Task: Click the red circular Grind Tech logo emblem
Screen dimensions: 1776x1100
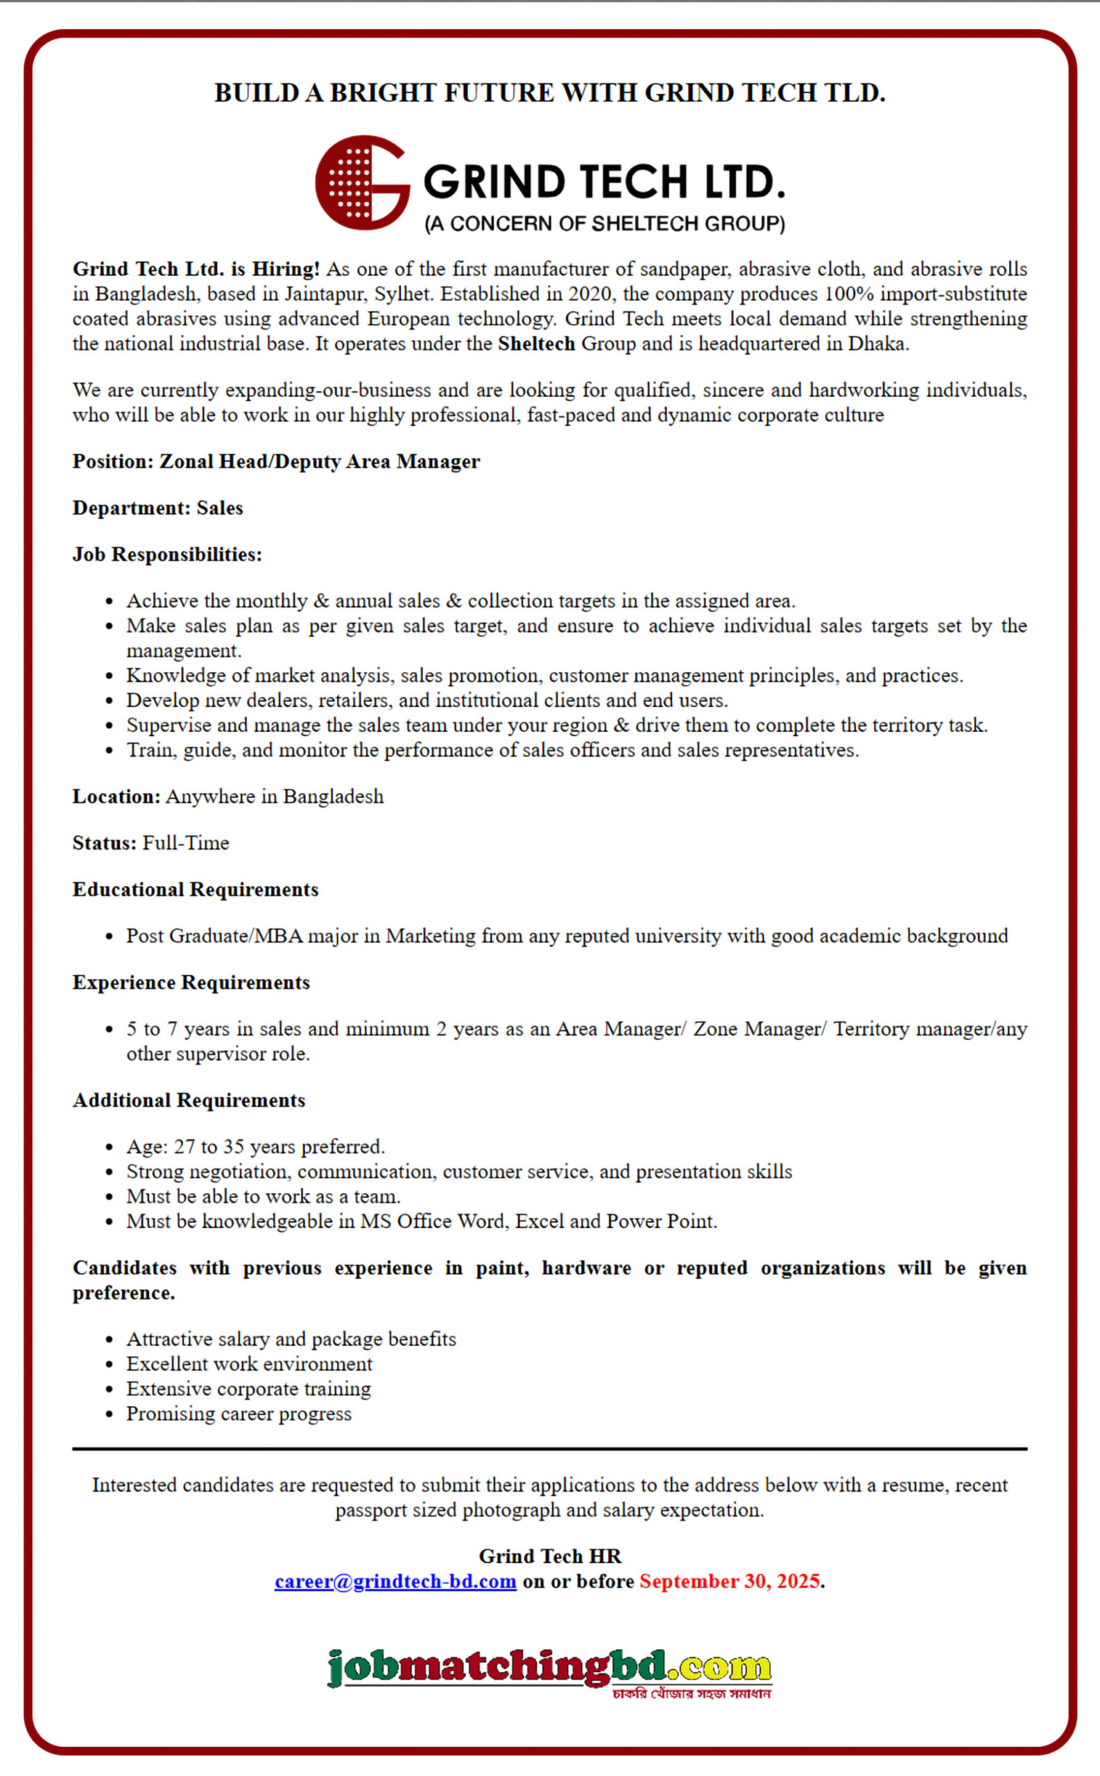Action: tap(361, 182)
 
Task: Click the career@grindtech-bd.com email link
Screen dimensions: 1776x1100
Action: tap(395, 1581)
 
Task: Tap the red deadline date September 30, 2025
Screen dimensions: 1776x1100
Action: tap(729, 1581)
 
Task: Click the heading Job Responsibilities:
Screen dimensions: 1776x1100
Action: tap(166, 554)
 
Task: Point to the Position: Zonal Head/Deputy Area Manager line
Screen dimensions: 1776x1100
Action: tap(276, 461)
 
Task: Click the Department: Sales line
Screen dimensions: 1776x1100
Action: tap(157, 508)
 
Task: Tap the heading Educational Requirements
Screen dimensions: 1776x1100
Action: tap(195, 889)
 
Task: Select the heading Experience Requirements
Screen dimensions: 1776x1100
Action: tap(191, 982)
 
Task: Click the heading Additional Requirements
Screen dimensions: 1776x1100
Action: tap(189, 1100)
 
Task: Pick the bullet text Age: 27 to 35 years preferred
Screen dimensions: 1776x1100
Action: tap(255, 1147)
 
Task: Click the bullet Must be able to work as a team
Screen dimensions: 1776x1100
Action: tap(264, 1196)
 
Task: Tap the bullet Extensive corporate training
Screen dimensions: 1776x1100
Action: tap(248, 1388)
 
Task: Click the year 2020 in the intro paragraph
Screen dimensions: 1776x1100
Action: tap(590, 294)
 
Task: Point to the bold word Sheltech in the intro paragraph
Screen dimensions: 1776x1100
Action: tap(536, 343)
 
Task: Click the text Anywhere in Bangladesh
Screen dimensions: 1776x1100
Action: tap(274, 796)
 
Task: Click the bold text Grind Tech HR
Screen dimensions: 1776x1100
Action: tap(549, 1555)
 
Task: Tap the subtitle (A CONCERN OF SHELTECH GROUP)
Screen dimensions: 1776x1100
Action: tap(605, 223)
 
